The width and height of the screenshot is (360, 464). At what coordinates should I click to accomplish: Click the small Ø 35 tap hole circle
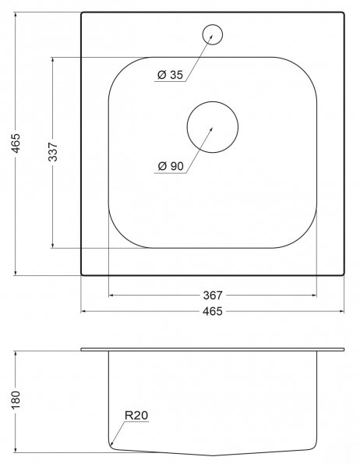212,34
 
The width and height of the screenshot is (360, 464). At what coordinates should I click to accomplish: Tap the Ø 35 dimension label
169,76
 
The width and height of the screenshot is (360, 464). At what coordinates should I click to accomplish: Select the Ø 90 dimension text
169,166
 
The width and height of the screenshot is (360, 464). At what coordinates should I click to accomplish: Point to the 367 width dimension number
213,296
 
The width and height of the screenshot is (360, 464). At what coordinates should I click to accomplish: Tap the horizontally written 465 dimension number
213,312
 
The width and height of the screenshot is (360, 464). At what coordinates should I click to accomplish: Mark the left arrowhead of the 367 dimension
111,296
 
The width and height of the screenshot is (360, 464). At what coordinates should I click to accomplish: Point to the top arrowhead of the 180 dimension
17,352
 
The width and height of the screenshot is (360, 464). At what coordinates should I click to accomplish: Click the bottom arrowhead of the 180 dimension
17,451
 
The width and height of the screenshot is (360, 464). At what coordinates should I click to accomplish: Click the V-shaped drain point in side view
213,455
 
